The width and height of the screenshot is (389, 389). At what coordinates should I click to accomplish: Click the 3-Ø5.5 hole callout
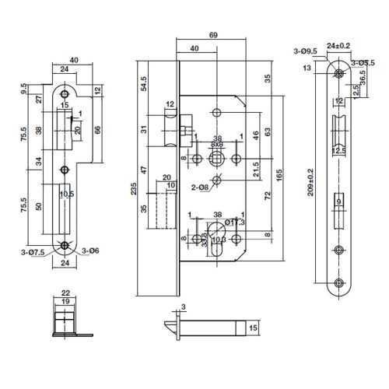363,61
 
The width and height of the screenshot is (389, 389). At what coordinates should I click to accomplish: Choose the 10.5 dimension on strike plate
67,194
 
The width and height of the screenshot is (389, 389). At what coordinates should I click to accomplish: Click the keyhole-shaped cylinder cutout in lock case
219,232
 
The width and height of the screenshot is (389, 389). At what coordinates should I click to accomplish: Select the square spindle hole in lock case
218,159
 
